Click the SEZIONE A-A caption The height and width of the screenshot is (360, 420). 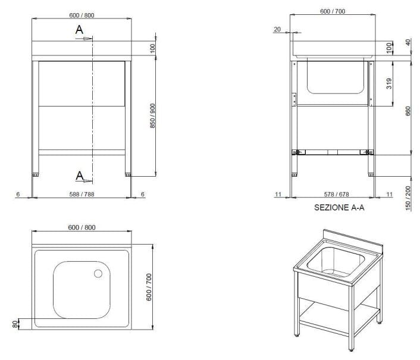(x=339, y=208)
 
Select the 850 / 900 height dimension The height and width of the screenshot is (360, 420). (x=152, y=115)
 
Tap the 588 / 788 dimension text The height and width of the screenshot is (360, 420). (x=82, y=194)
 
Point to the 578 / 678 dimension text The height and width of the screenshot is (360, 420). (x=337, y=194)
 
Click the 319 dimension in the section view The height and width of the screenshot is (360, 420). (x=389, y=83)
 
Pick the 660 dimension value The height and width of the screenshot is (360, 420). (x=408, y=111)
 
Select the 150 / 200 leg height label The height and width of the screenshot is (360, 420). (x=408, y=198)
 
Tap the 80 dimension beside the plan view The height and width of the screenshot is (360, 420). (x=15, y=324)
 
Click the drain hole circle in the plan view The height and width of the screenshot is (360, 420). (x=98, y=274)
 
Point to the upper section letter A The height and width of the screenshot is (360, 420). (x=79, y=30)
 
